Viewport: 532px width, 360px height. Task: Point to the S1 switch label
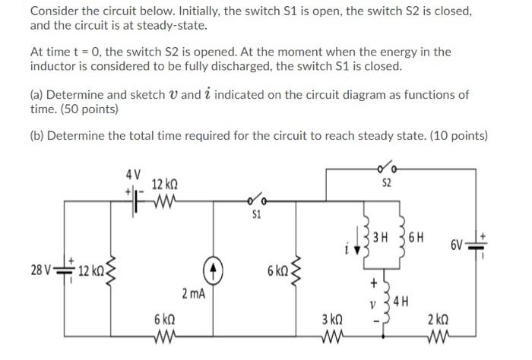click(256, 214)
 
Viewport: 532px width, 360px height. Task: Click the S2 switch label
click(386, 183)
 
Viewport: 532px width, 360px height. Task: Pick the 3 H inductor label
click(385, 234)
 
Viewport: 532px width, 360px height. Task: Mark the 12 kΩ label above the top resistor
click(165, 185)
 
